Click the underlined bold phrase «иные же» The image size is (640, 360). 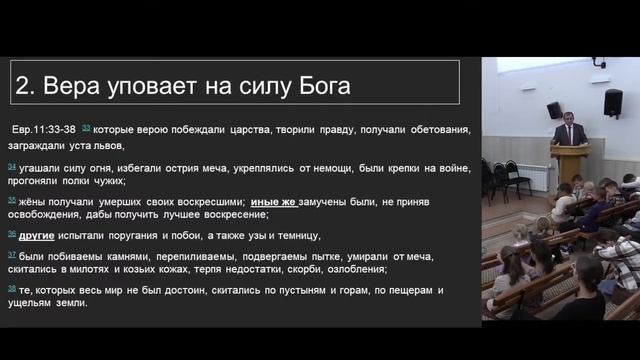point(274,201)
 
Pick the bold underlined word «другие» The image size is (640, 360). point(39,235)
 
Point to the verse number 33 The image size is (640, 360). point(86,128)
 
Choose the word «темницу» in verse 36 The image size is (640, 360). point(295,235)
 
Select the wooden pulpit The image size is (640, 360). point(570,162)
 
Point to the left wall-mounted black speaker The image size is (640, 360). point(553,110)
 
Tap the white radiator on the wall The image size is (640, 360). point(539,177)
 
